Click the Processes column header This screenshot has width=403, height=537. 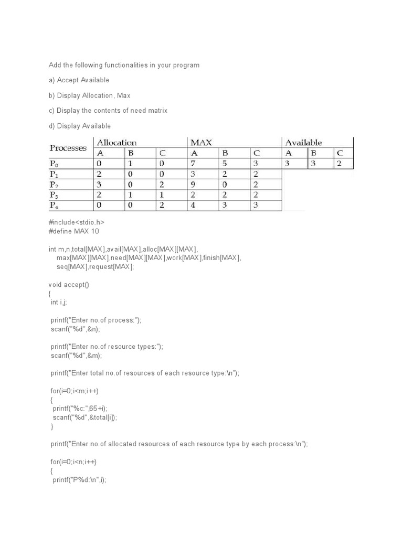click(x=68, y=148)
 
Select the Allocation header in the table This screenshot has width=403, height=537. click(x=116, y=143)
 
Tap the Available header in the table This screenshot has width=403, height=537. click(x=303, y=143)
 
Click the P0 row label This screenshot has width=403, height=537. click(x=55, y=164)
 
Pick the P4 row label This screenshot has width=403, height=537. click(x=55, y=206)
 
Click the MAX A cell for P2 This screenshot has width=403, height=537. click(x=194, y=185)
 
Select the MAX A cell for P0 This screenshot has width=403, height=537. click(x=194, y=164)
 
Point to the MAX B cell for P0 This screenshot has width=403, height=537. click(x=225, y=164)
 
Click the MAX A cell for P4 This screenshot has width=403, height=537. click(x=194, y=206)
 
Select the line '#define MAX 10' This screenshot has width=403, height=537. click(x=73, y=231)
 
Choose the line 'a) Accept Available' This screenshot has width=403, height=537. click(x=79, y=80)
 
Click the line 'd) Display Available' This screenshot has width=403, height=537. click(x=80, y=126)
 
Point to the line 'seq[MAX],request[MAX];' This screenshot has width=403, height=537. click(x=96, y=267)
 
